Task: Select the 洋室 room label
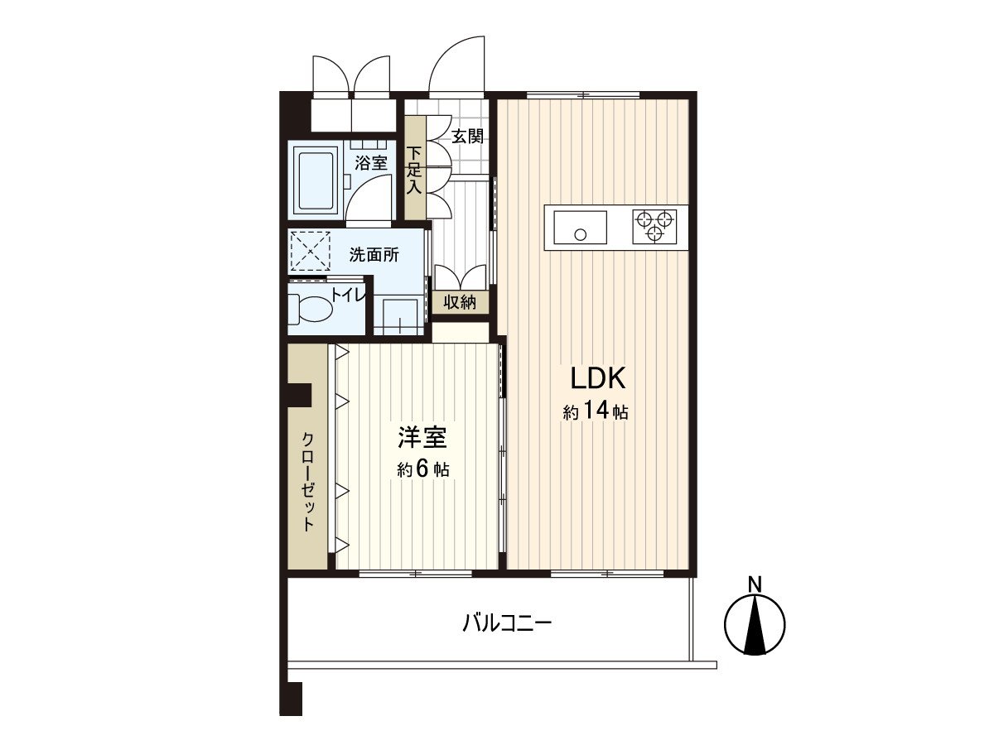coord(423,436)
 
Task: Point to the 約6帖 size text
coord(423,469)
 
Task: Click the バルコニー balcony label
coord(507,622)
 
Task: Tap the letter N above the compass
coord(755,584)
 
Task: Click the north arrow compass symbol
coord(755,625)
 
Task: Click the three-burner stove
coord(654,226)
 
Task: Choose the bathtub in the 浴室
coord(314,180)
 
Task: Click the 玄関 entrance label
coord(467,137)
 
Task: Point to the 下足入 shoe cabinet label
coord(414,170)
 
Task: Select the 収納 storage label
coord(460,302)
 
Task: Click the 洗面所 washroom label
coord(374,255)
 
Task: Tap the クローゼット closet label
coord(307,480)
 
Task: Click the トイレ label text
coord(347,294)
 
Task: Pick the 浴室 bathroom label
coord(371,162)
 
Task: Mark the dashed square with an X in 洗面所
coord(311,252)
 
